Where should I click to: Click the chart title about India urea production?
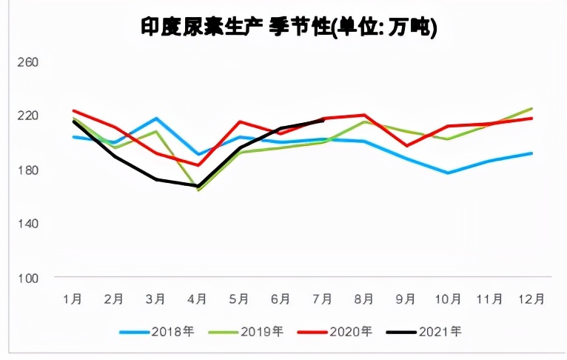[289, 27]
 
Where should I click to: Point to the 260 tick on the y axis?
[27, 62]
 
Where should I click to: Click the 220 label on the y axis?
[27, 116]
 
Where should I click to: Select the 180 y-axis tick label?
[27, 170]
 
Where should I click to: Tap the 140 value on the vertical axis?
[27, 224]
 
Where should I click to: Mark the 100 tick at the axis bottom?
[27, 278]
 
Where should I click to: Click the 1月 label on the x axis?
[73, 299]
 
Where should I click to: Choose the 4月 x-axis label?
[198, 299]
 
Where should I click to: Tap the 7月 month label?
[323, 299]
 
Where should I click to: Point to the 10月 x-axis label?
[448, 299]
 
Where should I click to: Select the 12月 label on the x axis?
[531, 299]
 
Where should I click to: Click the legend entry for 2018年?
[158, 331]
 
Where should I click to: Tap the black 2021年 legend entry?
[427, 331]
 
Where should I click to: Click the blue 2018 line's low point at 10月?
[448, 173]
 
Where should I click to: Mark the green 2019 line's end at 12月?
[531, 108]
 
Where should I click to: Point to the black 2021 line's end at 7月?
[323, 120]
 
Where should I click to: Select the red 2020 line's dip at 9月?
[406, 145]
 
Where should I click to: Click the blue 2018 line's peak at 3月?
[156, 119]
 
